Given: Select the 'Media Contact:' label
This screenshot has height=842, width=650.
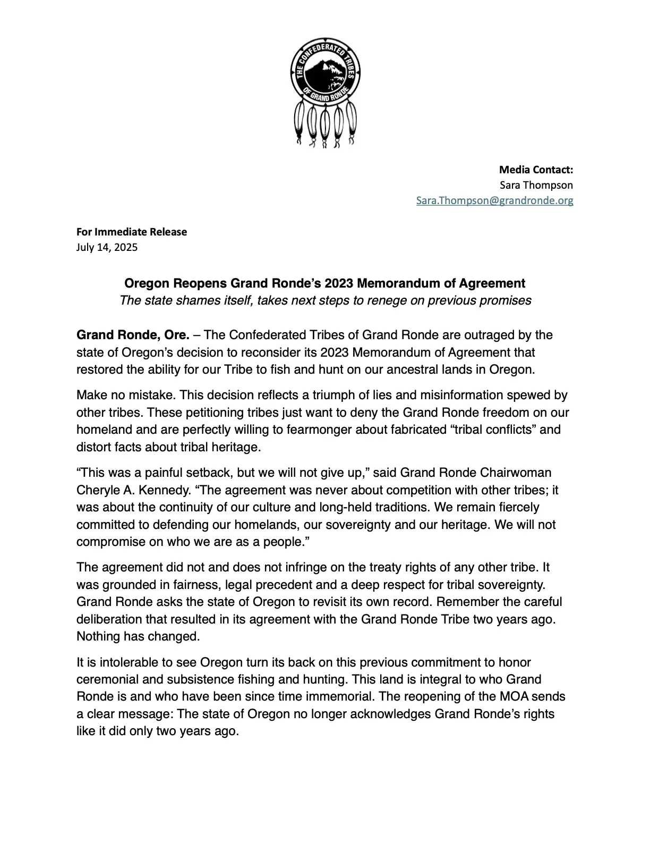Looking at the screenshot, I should pos(536,170).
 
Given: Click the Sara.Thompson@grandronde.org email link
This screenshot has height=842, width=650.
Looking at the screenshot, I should pos(494,200).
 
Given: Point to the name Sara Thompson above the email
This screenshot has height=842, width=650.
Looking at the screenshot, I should pos(536,185).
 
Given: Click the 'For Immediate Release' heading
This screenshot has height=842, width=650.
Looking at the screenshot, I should pos(132,232).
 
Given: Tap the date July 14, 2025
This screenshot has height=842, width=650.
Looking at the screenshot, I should pos(107,247).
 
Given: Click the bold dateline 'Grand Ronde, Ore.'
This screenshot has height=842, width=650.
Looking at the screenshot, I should pos(133,335).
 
